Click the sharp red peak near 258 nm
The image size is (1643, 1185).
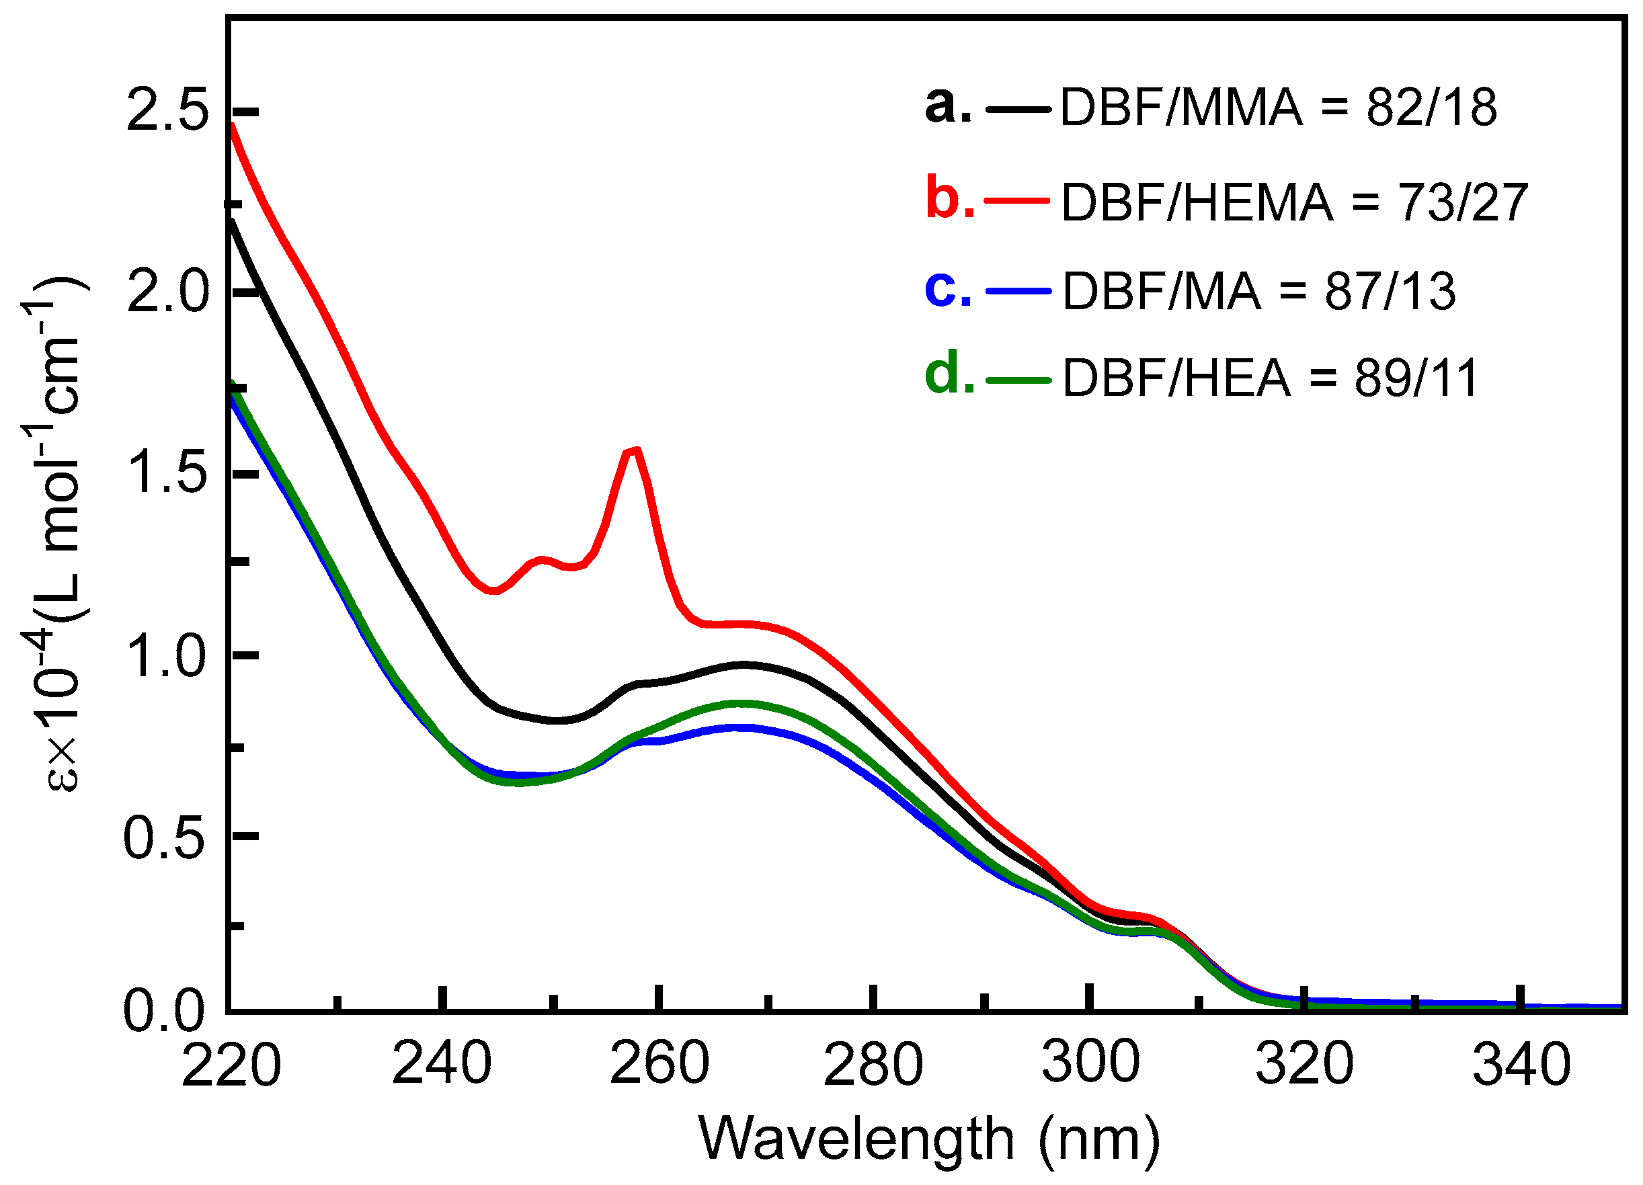click(x=635, y=450)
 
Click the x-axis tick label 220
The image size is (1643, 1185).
click(x=231, y=1066)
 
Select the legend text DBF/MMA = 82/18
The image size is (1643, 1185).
click(x=1278, y=109)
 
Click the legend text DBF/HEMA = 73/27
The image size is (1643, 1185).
click(x=1294, y=202)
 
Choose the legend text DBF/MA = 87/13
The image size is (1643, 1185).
click(x=1258, y=291)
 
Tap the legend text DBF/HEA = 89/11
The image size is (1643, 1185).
click(x=1270, y=378)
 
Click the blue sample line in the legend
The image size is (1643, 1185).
click(x=1018, y=290)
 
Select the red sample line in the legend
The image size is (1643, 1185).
click(x=1017, y=198)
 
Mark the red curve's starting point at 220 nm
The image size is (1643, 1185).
click(x=231, y=124)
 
